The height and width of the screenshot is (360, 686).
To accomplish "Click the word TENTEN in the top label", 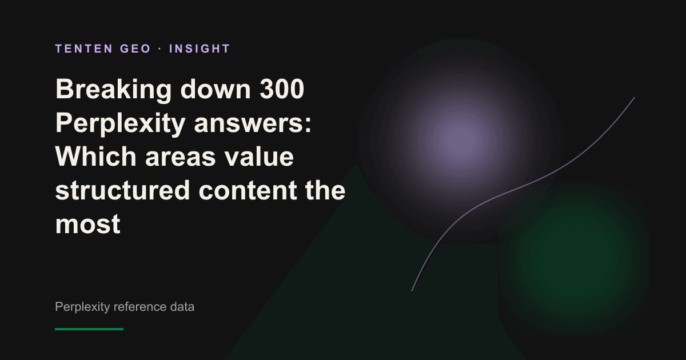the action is (x=84, y=49).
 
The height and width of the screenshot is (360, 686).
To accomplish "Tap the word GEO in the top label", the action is (x=135, y=49).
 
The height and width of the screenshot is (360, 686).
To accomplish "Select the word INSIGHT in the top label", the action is (x=200, y=49).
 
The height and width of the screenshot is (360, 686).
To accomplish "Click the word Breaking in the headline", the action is (x=113, y=90).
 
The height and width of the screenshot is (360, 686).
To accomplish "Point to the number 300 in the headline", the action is (x=282, y=89).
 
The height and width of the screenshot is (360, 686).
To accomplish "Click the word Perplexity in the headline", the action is (x=120, y=124).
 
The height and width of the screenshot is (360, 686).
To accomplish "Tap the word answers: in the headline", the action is (x=253, y=124).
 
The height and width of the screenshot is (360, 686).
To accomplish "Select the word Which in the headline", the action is (x=95, y=156).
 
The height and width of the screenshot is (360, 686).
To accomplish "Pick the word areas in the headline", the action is (x=181, y=157).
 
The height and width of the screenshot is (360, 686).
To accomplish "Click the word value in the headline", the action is (x=259, y=156).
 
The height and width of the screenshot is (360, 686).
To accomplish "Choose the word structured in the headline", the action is (x=122, y=190).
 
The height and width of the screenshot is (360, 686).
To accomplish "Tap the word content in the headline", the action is (x=248, y=191).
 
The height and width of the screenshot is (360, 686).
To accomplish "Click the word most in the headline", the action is (x=88, y=225).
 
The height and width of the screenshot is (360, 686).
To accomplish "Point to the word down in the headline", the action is (x=216, y=89).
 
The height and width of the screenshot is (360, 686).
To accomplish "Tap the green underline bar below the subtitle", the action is (x=89, y=329).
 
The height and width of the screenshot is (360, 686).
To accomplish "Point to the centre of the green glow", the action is (x=574, y=259).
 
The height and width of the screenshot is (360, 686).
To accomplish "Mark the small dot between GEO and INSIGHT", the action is (x=160, y=49).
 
